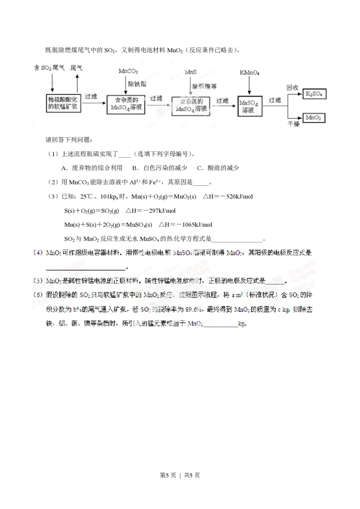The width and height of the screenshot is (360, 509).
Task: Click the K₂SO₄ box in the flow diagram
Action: [315, 94]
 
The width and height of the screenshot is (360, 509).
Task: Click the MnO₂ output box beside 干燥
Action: [315, 118]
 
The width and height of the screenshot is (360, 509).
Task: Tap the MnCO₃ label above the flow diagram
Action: [128, 71]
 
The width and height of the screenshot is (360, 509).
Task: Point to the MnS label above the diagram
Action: [191, 71]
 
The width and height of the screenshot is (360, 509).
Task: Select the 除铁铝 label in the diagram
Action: [138, 84]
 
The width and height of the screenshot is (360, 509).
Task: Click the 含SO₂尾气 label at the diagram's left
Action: [49, 67]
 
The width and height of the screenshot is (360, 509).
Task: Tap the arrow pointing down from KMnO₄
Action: [250, 85]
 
